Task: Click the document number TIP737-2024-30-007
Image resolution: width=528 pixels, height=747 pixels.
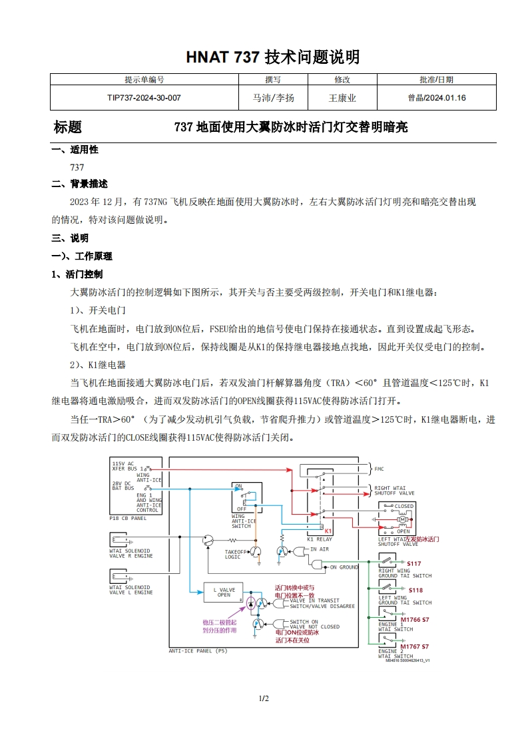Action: (144, 98)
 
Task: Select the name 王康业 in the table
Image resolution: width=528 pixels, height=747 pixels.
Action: (342, 98)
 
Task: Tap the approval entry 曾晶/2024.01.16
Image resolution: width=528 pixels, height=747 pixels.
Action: (437, 98)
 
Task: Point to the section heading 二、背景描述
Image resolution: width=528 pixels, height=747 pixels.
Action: (79, 184)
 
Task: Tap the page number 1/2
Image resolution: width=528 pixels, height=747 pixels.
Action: (264, 698)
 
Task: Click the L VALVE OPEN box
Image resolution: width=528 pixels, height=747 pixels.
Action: (224, 592)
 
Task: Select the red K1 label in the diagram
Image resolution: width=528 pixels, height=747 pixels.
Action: (328, 531)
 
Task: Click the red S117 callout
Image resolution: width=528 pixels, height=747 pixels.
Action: (414, 564)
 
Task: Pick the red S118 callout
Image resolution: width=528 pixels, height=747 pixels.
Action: (415, 590)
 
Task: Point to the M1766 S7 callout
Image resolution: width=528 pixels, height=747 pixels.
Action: (415, 619)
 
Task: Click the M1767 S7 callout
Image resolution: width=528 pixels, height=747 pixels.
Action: (415, 646)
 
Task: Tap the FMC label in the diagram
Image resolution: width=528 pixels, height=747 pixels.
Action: (379, 469)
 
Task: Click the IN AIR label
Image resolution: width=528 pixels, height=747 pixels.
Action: (320, 549)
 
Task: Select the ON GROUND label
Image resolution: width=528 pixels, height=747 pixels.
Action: (344, 567)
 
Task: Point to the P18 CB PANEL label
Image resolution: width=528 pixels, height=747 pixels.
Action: (128, 517)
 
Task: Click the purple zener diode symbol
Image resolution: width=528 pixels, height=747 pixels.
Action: (250, 603)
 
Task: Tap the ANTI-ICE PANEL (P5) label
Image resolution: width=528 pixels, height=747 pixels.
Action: (198, 650)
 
